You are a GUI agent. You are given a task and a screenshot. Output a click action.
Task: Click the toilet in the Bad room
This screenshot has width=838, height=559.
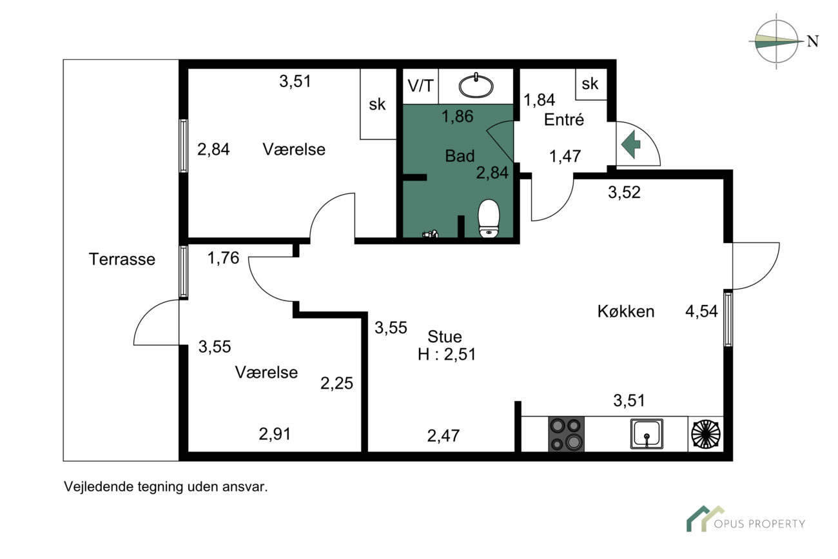tap(489, 218)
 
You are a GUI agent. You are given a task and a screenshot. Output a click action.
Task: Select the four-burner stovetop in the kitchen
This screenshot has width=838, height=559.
tap(566, 434)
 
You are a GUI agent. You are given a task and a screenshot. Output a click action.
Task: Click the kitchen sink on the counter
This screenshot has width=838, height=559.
tap(646, 433)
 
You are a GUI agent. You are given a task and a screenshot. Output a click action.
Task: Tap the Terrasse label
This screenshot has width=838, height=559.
tap(122, 259)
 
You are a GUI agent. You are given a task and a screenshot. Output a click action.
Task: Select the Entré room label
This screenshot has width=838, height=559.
tap(564, 120)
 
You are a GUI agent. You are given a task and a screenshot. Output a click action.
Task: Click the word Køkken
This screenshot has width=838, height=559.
tap(625, 311)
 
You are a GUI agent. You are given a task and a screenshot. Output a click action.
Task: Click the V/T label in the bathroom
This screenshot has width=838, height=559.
tap(420, 86)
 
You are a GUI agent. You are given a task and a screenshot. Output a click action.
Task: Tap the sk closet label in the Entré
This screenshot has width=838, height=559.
tap(590, 84)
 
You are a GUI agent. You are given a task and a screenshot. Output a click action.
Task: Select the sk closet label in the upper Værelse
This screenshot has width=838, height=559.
tap(377, 104)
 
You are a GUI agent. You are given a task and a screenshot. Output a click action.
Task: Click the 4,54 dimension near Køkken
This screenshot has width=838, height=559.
tap(701, 312)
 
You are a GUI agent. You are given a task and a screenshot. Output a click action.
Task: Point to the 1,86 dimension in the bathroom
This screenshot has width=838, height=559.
tap(458, 117)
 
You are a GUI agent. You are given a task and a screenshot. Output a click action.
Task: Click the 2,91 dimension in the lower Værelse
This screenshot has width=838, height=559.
tap(275, 434)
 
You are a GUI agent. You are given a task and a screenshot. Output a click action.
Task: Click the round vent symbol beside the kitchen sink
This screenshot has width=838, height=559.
tap(705, 434)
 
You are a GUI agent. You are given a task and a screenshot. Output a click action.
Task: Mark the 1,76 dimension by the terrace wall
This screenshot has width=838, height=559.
tap(223, 259)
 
